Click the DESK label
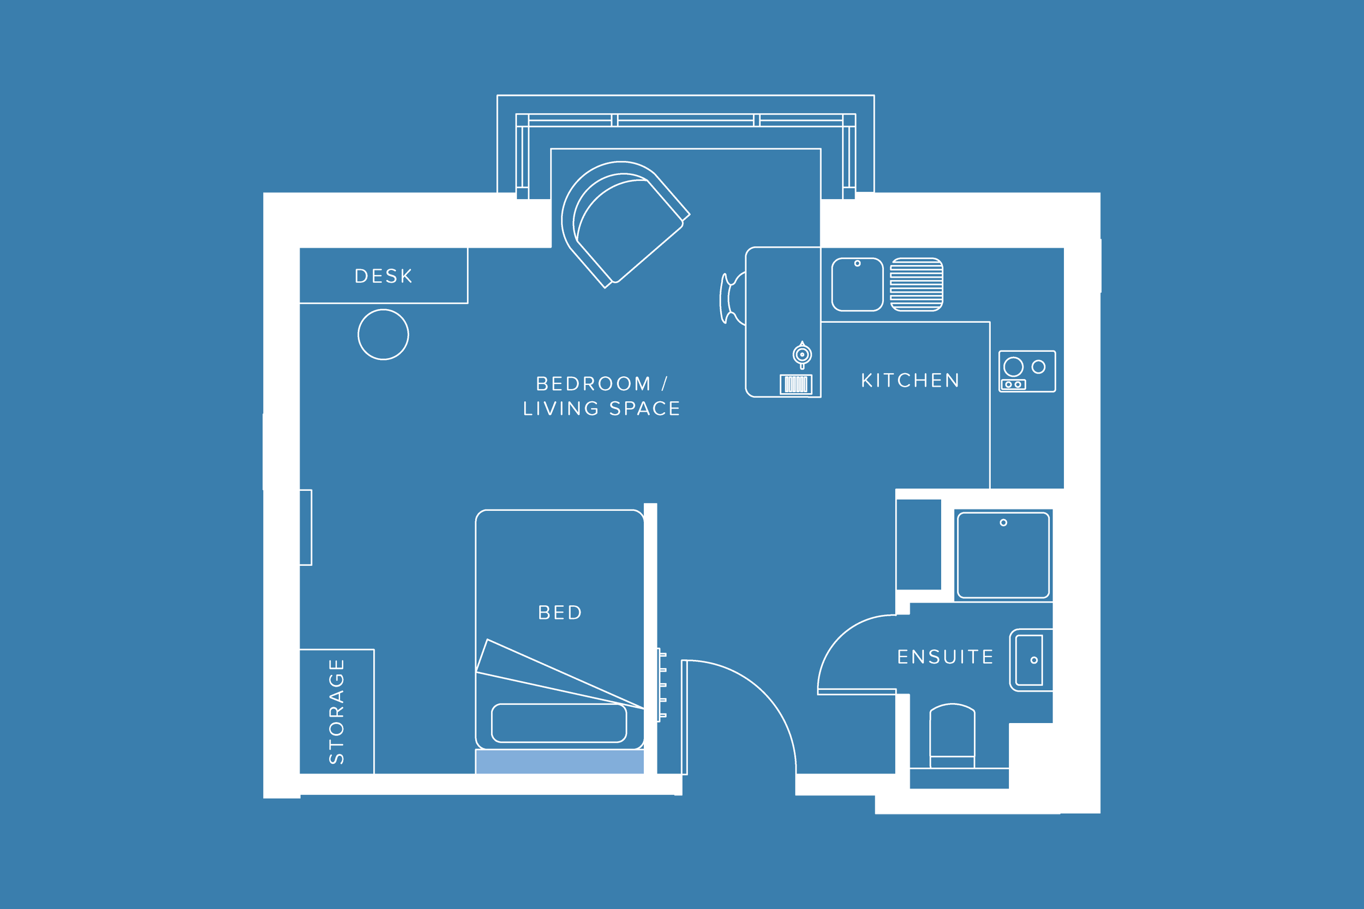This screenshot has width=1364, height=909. pyautogui.click(x=384, y=276)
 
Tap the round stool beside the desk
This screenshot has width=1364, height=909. pyautogui.click(x=384, y=334)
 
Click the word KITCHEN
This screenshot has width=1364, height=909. pyautogui.click(x=910, y=380)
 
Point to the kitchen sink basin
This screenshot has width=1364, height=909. pyautogui.click(x=857, y=285)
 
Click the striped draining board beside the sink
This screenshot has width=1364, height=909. pyautogui.click(x=916, y=285)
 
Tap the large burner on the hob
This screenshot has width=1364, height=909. pyautogui.click(x=1013, y=366)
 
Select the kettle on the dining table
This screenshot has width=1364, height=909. pyautogui.click(x=802, y=354)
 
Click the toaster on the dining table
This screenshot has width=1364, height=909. pyautogui.click(x=795, y=384)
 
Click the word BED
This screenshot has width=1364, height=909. pyautogui.click(x=560, y=613)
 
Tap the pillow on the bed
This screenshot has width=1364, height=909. pyautogui.click(x=559, y=723)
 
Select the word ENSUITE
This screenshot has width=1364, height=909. pyautogui.click(x=946, y=657)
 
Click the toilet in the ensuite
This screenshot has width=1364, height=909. pyautogui.click(x=952, y=736)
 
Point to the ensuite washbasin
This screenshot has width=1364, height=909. pyautogui.click(x=1030, y=660)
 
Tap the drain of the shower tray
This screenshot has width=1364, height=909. pyautogui.click(x=1003, y=522)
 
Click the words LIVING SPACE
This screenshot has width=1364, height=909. pyautogui.click(x=601, y=409)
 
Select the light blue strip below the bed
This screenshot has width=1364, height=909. pyautogui.click(x=559, y=761)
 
